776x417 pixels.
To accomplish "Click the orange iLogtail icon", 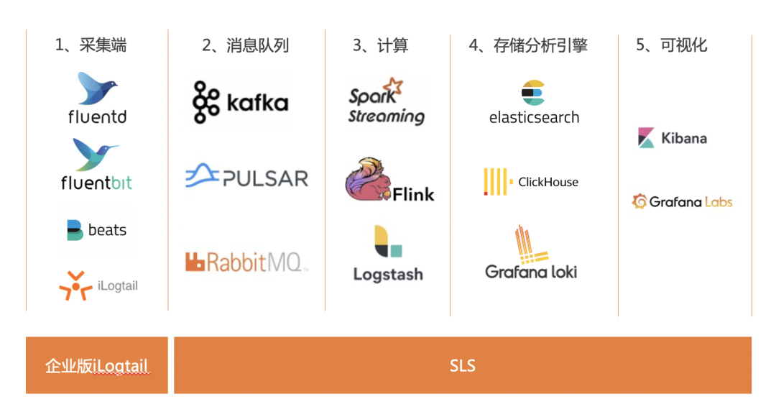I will click(75, 285).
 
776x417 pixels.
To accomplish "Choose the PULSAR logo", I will click(246, 177).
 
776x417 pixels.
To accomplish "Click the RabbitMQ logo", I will click(246, 262).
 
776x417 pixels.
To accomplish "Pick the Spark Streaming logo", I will click(387, 102).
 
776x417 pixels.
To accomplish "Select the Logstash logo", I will click(388, 254).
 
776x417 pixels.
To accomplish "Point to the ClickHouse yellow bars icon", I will click(496, 182).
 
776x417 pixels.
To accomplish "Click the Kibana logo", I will click(673, 138).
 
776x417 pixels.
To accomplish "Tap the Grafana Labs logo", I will click(682, 202).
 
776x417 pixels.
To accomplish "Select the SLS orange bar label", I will click(463, 365).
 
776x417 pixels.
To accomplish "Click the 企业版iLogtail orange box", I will click(97, 365).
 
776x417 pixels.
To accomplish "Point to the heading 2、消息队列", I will click(245, 45).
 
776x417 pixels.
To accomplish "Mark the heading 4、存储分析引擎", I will click(528, 45).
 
